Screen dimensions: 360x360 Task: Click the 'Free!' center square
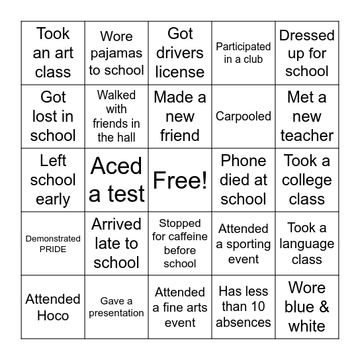[180, 180]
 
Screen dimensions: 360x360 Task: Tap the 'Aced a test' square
[116, 180]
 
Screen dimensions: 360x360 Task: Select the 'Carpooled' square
[244, 116]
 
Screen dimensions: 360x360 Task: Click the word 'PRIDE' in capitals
[53, 249]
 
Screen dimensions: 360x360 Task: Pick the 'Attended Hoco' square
[53, 307]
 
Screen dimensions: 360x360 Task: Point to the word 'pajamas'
[116, 53]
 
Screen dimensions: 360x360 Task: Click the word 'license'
[180, 72]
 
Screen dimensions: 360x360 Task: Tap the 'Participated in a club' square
[244, 53]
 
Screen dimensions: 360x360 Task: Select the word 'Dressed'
[307, 35]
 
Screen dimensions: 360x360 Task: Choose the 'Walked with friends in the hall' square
[116, 116]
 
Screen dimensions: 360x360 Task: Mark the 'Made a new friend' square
[180, 116]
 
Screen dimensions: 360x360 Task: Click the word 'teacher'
[307, 136]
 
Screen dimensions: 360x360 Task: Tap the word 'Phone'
[244, 161]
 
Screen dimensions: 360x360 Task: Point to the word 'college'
[307, 180]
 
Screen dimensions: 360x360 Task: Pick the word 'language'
[307, 244]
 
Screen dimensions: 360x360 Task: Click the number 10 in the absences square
[259, 307]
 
